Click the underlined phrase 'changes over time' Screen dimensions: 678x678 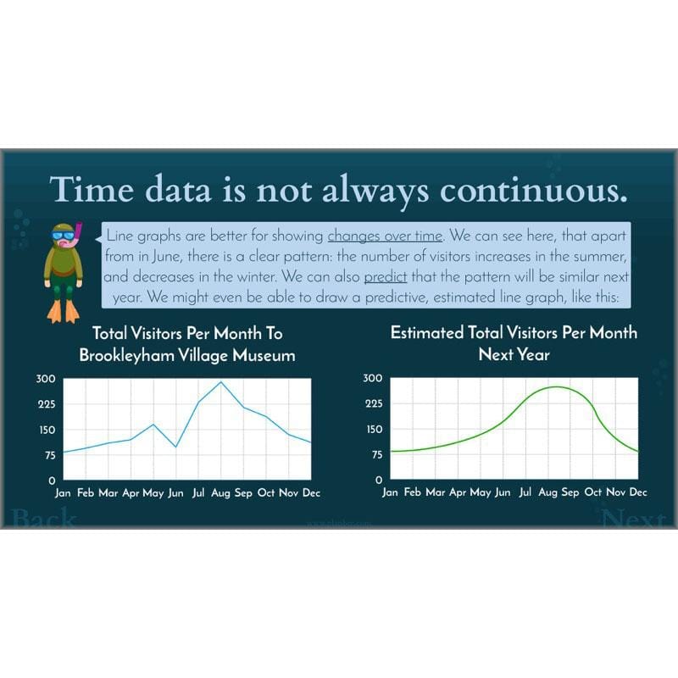pyautogui.click(x=385, y=236)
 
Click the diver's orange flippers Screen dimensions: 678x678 pyautogui.click(x=64, y=312)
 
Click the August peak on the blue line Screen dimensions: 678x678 pyautogui.click(x=221, y=382)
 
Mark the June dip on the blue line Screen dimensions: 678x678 pyautogui.click(x=175, y=447)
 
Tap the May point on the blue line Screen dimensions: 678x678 pyautogui.click(x=153, y=425)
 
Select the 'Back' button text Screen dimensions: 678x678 pyautogui.click(x=44, y=517)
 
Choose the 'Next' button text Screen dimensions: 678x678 pyautogui.click(x=633, y=517)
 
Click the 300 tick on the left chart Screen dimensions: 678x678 pyautogui.click(x=45, y=379)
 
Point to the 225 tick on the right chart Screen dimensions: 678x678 pyautogui.click(x=373, y=403)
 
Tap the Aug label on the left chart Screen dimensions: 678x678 pyautogui.click(x=221, y=492)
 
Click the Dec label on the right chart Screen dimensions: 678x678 pyautogui.click(x=638, y=492)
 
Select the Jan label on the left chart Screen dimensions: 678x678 pyautogui.click(x=63, y=492)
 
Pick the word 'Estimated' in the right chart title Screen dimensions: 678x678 pyautogui.click(x=427, y=333)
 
